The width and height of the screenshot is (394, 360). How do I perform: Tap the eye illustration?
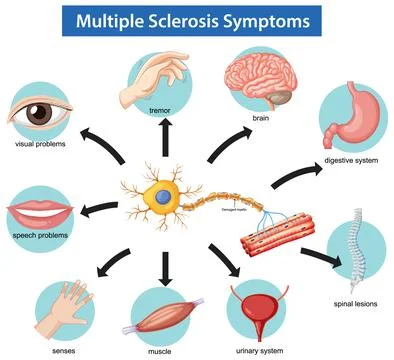coord(39,112)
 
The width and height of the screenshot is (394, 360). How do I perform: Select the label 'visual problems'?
coord(41,146)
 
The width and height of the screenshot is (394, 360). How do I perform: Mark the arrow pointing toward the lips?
coord(95,208)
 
